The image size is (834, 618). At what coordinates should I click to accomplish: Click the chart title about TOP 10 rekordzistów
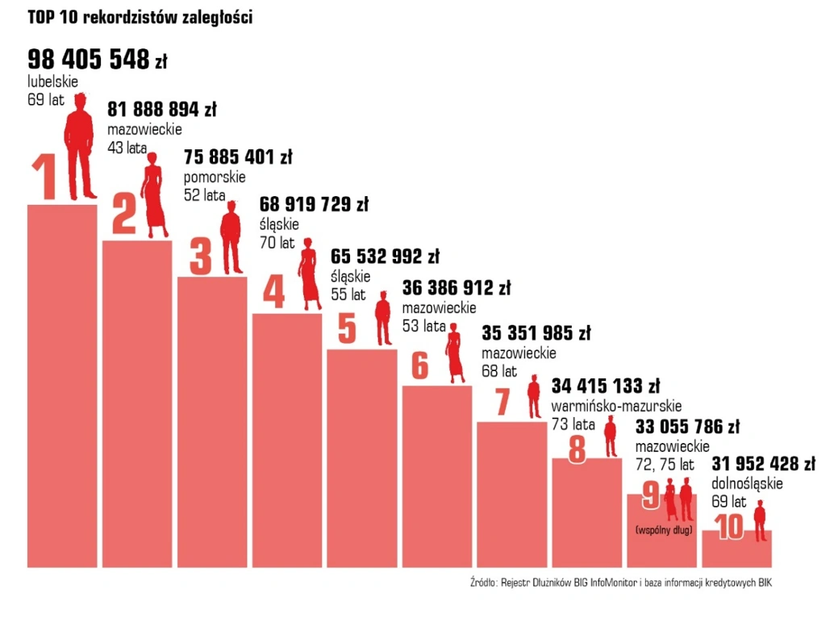tap(140, 18)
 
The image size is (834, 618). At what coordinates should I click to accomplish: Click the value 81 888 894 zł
tap(162, 109)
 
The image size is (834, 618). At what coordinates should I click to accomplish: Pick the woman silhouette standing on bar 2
tap(153, 198)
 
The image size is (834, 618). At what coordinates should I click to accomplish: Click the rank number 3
tap(200, 256)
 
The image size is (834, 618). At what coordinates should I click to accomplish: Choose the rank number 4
tap(274, 292)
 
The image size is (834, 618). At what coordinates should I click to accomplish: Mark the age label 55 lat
tap(348, 294)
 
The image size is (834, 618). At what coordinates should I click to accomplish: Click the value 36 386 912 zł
tap(457, 288)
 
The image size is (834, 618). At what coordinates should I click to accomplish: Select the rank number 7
tap(502, 402)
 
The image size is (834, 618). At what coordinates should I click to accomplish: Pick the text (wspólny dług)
tap(665, 530)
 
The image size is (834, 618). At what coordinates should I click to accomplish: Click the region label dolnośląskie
tap(747, 483)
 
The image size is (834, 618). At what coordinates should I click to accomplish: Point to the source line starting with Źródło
tap(620, 583)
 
